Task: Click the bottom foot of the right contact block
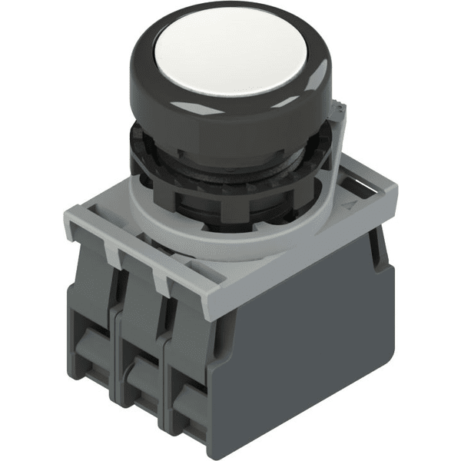192,430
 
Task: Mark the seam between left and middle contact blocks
115,338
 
